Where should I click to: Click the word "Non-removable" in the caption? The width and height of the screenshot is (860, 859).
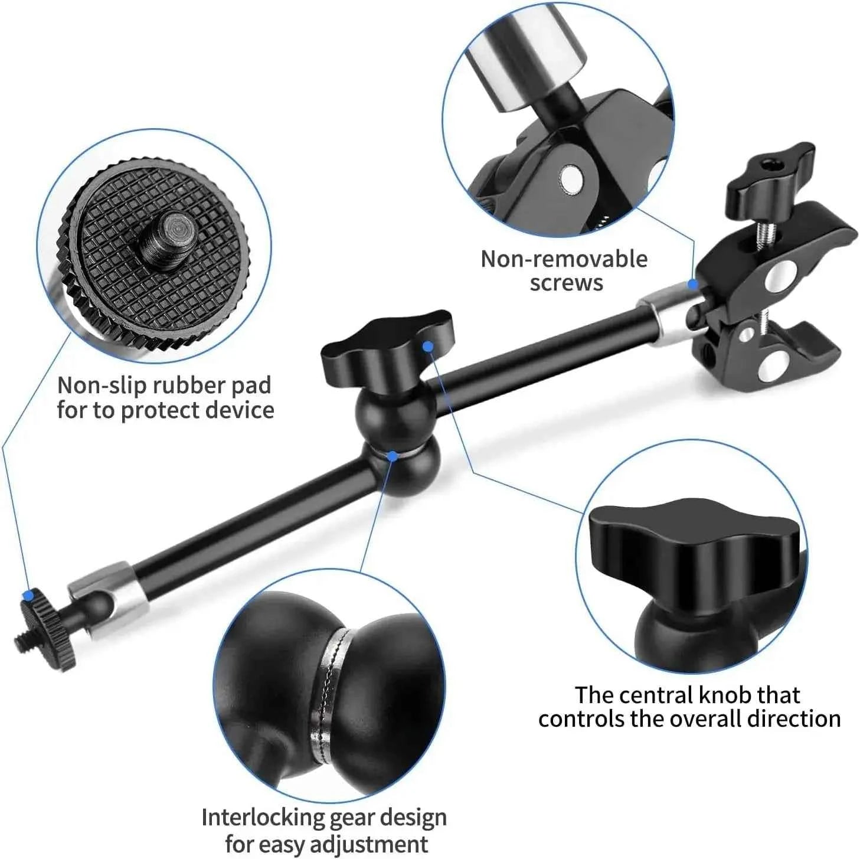point(564,259)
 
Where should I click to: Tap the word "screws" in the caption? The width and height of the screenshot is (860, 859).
point(566,283)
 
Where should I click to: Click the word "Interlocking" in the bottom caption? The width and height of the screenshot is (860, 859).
point(262,818)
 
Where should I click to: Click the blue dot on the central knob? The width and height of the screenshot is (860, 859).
point(429,347)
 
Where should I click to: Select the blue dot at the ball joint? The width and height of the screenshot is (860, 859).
point(393,455)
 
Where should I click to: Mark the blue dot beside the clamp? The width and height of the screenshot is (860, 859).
point(693,284)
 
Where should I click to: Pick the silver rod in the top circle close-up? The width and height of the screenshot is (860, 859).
point(525,47)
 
